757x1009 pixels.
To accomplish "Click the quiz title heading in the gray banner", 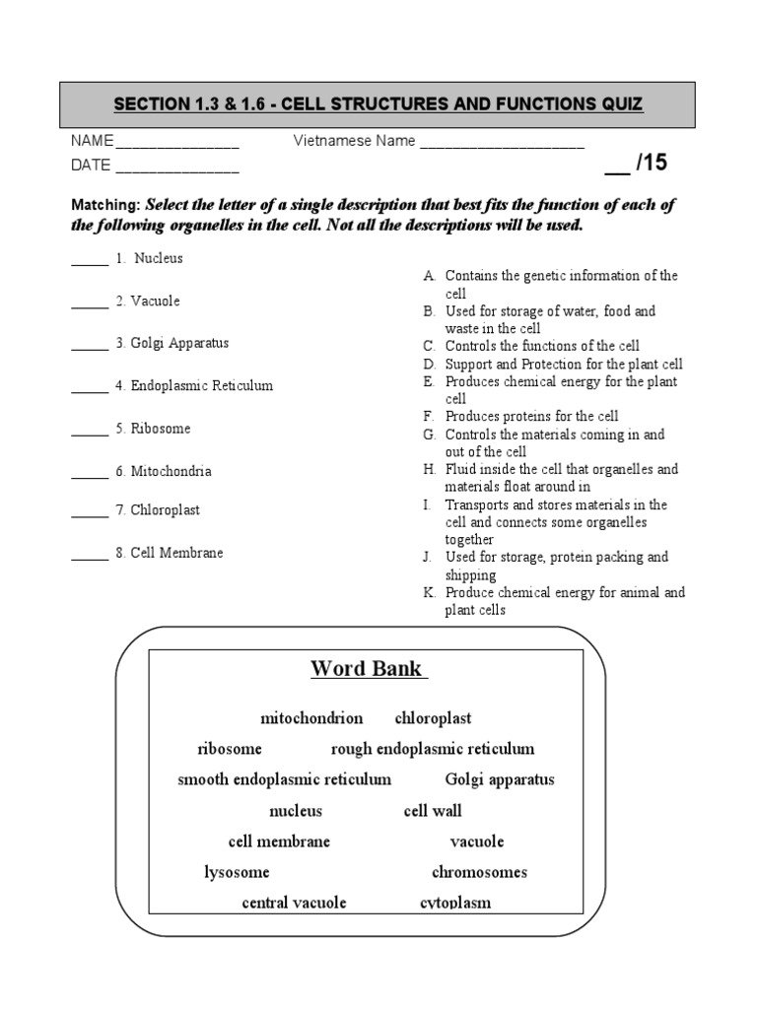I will [378, 104].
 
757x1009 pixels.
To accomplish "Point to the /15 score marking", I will [636, 164].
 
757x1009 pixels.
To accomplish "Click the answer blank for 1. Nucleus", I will [90, 262].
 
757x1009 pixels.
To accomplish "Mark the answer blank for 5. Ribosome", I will [90, 433].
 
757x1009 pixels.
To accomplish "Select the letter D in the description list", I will [430, 364].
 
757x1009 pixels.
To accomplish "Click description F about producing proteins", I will [531, 417].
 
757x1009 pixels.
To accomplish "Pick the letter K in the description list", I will [430, 593].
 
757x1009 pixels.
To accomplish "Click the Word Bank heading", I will [368, 669].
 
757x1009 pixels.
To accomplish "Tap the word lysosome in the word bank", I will [237, 872].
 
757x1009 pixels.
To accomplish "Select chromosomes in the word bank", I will [479, 872].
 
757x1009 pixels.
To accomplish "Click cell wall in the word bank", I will [433, 811].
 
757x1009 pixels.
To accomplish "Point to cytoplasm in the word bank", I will [455, 903].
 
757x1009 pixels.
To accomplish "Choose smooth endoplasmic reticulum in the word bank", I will [284, 779].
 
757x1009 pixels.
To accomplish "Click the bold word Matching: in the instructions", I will [105, 206].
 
